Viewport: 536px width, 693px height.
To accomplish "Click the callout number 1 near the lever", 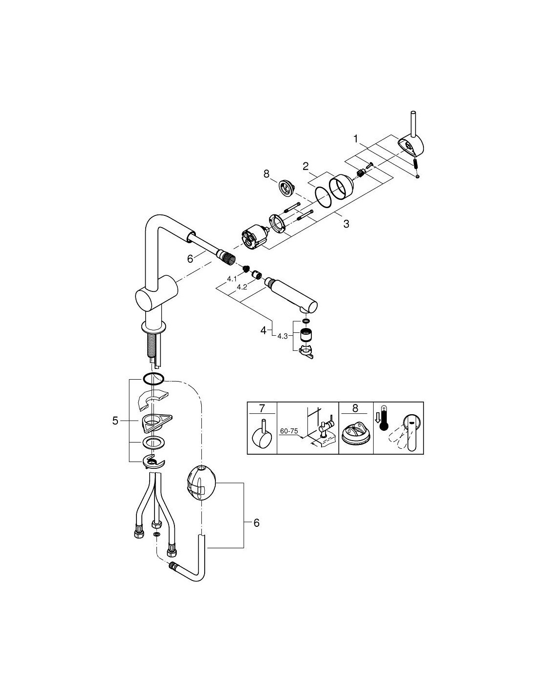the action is (x=356, y=139).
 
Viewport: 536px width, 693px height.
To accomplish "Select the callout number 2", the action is (x=306, y=166).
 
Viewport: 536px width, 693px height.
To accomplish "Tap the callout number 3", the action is (x=346, y=224).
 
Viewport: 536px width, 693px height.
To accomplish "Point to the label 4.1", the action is (x=232, y=279).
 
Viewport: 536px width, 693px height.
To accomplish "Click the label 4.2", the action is (x=242, y=287).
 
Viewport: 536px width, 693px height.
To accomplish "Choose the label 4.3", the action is (x=283, y=336).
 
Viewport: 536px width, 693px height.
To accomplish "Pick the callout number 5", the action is (x=115, y=421).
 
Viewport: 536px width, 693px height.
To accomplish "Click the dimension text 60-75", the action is (x=289, y=431).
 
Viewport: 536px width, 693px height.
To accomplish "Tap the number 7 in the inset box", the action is (x=262, y=408).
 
